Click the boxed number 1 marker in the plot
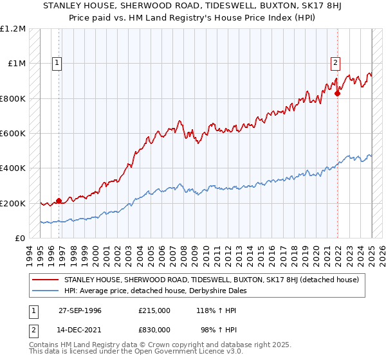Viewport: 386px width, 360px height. click(x=57, y=63)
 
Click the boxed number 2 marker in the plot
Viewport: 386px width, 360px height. click(x=336, y=63)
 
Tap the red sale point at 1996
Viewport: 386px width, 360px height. click(x=59, y=201)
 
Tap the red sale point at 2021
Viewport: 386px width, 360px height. click(x=338, y=93)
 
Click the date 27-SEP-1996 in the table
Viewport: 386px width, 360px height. click(x=80, y=310)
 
